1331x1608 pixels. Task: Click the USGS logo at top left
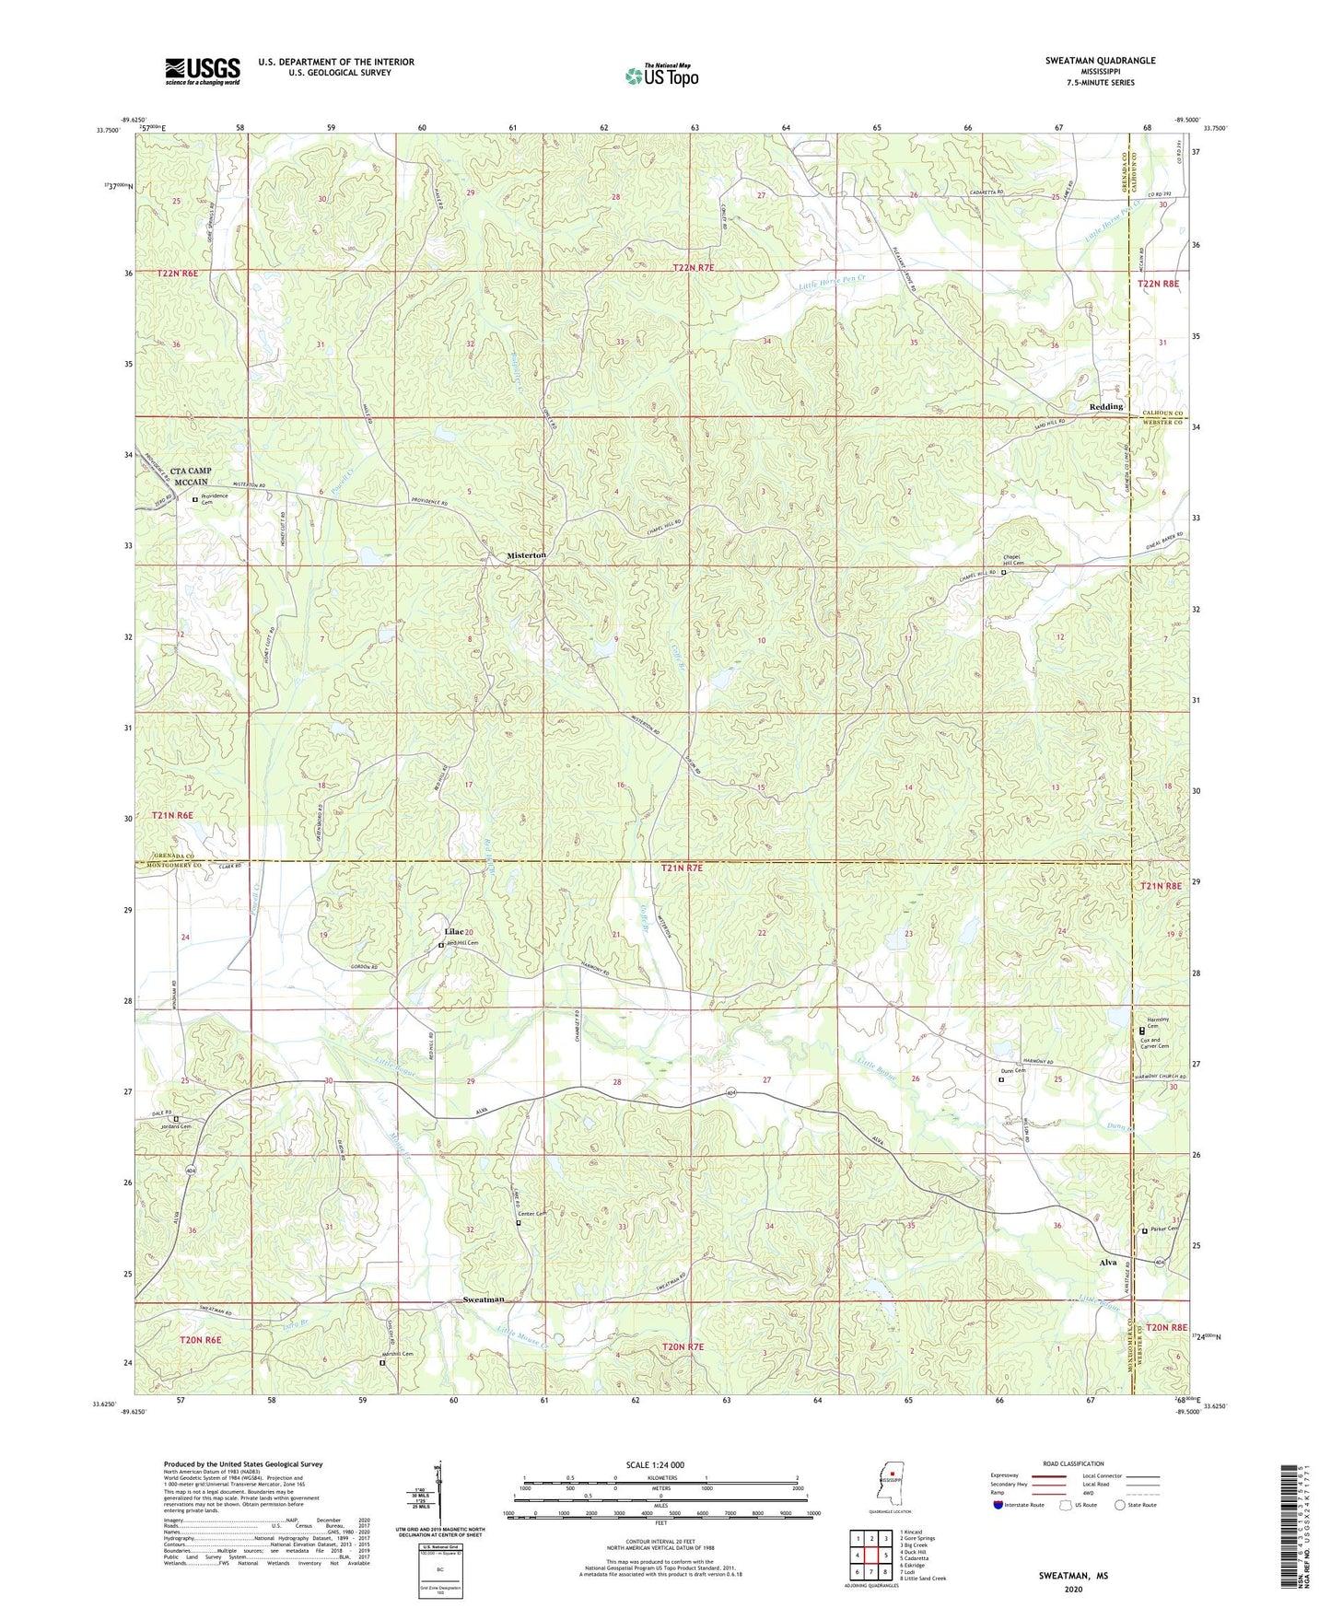[x=203, y=70]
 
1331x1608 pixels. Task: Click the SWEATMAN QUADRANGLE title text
[x=1100, y=61]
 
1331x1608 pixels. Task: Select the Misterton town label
[x=526, y=555]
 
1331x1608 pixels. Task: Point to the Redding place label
[x=1105, y=406]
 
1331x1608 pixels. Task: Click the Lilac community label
[x=453, y=931]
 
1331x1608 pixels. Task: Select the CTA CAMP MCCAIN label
[x=191, y=476]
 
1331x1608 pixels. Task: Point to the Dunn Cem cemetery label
[x=1014, y=1071]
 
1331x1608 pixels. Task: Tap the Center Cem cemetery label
[x=532, y=1214]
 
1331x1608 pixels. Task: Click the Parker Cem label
[x=1164, y=1229]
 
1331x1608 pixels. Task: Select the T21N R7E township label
[x=695, y=868]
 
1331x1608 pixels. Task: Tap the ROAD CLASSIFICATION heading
[x=1072, y=1463]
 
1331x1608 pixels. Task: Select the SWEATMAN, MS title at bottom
[x=1073, y=1576]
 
